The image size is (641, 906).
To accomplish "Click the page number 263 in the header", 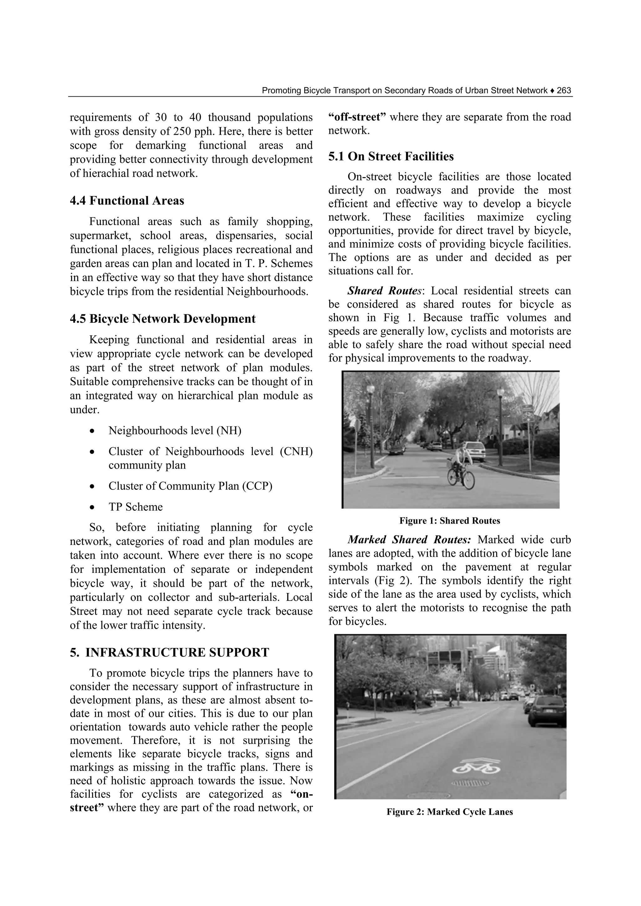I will pos(564,91).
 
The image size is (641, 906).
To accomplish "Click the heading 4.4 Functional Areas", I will pos(127,201).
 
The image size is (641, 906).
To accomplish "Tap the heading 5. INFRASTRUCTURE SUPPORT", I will pos(169,652).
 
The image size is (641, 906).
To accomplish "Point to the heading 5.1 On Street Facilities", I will pos(391,157).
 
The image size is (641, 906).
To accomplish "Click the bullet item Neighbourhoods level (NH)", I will pos(175,430).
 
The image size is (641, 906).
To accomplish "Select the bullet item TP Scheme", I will pos(136,507).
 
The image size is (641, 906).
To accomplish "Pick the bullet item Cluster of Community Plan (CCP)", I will pos(190,486).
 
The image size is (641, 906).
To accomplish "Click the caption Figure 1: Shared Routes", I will pos(449,521).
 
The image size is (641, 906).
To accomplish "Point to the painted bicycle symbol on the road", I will pos(476,767).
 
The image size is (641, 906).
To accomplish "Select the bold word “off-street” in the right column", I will pos(356,117).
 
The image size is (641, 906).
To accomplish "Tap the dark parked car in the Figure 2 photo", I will pos(547,711).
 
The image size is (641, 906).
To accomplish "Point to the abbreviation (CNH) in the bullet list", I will pos(296,451).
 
